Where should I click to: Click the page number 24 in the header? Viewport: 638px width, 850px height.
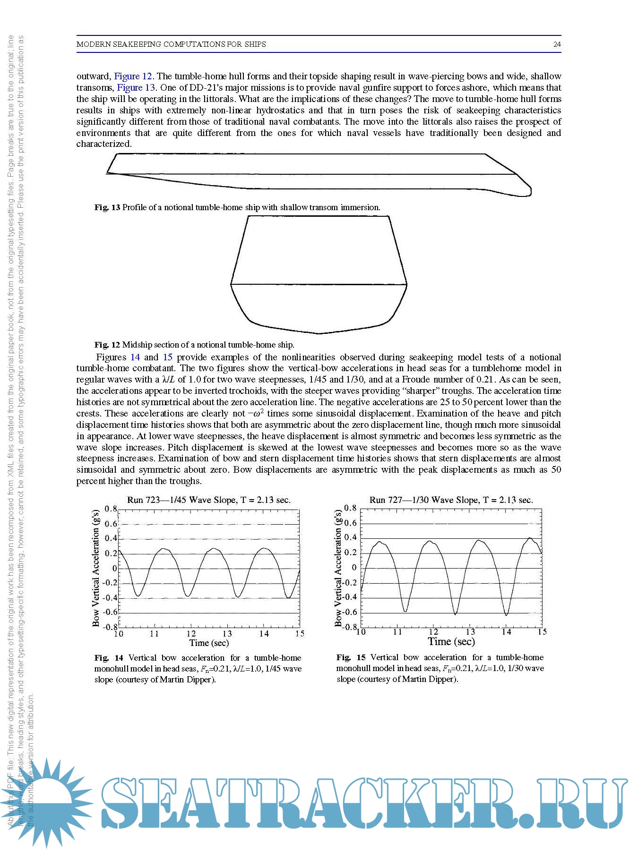557,44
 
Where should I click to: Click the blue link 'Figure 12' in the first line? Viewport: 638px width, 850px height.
133,76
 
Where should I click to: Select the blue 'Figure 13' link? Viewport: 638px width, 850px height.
136,87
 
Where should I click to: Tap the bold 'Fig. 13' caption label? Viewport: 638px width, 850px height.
107,207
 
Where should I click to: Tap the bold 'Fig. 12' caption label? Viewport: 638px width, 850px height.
107,345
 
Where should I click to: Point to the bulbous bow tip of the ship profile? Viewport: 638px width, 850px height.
530,191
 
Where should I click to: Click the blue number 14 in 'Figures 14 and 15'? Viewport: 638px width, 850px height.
135,357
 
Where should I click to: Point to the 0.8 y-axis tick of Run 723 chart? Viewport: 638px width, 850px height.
111,509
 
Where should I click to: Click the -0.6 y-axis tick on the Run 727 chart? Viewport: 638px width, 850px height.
350,612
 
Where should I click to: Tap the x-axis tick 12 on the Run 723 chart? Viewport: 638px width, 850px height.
191,634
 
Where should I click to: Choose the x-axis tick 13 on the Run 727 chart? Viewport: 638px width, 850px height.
470,632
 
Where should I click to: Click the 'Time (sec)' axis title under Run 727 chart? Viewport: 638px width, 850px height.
451,641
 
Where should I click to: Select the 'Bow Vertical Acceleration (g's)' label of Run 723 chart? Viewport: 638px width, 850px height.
96,568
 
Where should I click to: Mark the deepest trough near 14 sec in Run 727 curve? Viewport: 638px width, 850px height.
506,615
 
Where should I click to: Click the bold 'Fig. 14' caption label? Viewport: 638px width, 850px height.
109,658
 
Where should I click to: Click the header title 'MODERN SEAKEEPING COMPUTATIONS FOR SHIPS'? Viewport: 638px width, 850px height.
171,44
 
